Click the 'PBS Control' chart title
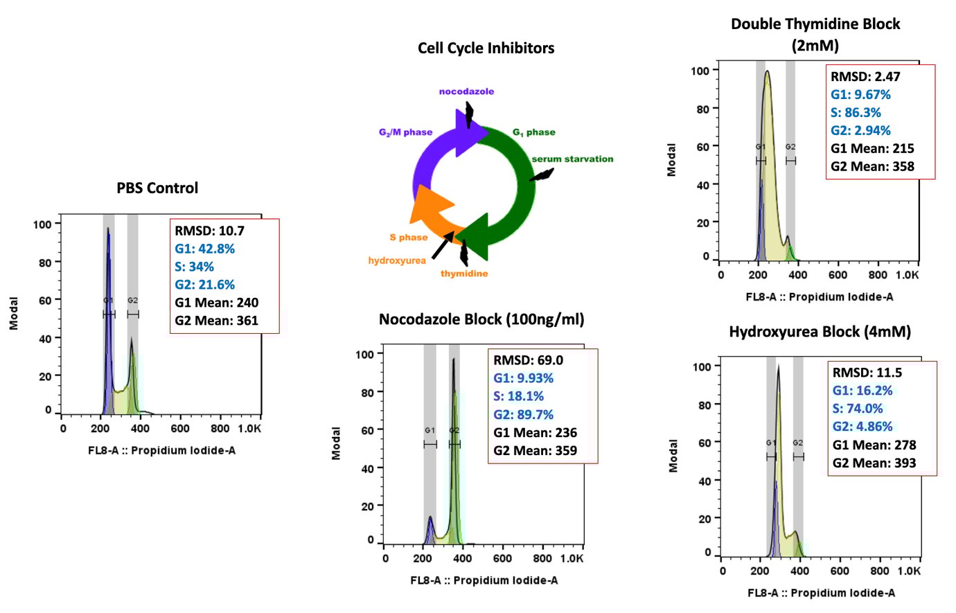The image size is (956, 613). click(157, 188)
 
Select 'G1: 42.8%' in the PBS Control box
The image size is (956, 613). click(204, 249)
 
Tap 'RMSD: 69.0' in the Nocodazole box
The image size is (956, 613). click(528, 360)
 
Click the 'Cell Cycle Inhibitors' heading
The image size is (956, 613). click(486, 48)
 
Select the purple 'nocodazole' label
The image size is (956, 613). click(466, 91)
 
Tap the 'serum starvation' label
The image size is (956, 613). click(572, 159)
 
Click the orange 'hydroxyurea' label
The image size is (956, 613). click(397, 260)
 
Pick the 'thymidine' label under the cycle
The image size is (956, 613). click(464, 274)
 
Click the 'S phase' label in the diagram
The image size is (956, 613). click(408, 238)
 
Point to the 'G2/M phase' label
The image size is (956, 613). click(405, 132)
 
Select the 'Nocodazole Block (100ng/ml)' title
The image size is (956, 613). click(481, 319)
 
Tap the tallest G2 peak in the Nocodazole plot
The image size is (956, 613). click(454, 359)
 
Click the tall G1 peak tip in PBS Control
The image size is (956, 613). click(107, 229)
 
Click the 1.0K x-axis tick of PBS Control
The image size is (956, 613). click(249, 429)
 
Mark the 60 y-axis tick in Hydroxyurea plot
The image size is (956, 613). click(705, 442)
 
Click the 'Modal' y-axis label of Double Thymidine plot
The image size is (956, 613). click(671, 160)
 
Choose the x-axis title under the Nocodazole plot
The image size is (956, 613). click(484, 580)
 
